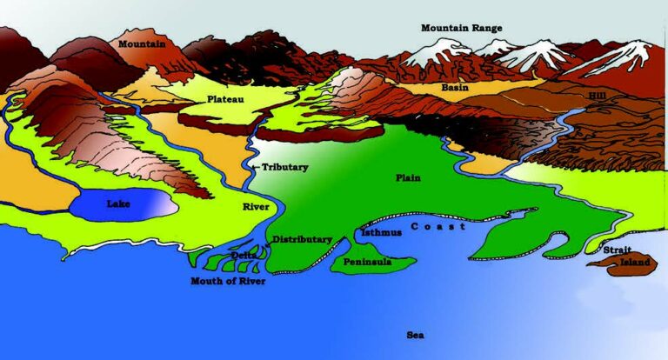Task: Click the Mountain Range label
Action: coord(461,28)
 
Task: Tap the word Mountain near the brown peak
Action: coord(142,43)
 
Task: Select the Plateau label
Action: coord(225,100)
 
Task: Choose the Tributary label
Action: coord(284,167)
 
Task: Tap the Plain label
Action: coord(408,177)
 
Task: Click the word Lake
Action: coord(118,203)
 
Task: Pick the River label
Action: coord(257,207)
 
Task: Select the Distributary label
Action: coord(302,239)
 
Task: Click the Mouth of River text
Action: coord(228,281)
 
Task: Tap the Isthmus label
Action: coord(381,233)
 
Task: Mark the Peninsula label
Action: coord(367,261)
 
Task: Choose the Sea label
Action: coord(415,334)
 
